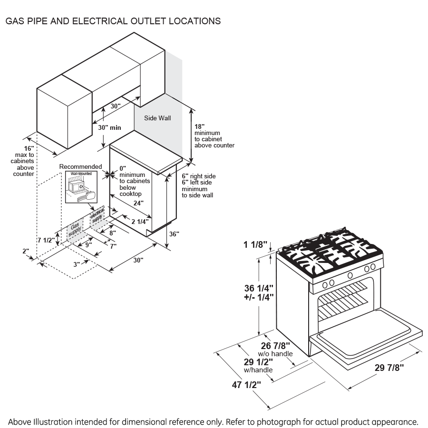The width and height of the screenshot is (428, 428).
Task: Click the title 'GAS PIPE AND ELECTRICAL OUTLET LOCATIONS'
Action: [113, 21]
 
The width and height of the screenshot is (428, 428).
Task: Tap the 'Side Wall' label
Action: [157, 118]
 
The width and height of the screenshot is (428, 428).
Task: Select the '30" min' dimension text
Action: [109, 127]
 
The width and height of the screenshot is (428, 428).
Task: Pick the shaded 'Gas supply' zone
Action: [75, 230]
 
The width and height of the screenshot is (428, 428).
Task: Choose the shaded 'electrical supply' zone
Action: [97, 216]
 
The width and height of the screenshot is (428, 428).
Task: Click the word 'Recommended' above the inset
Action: [80, 166]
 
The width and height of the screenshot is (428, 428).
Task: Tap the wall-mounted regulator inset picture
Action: [81, 187]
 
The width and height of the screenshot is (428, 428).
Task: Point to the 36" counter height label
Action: [174, 234]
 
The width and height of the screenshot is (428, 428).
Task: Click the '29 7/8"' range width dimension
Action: [389, 367]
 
